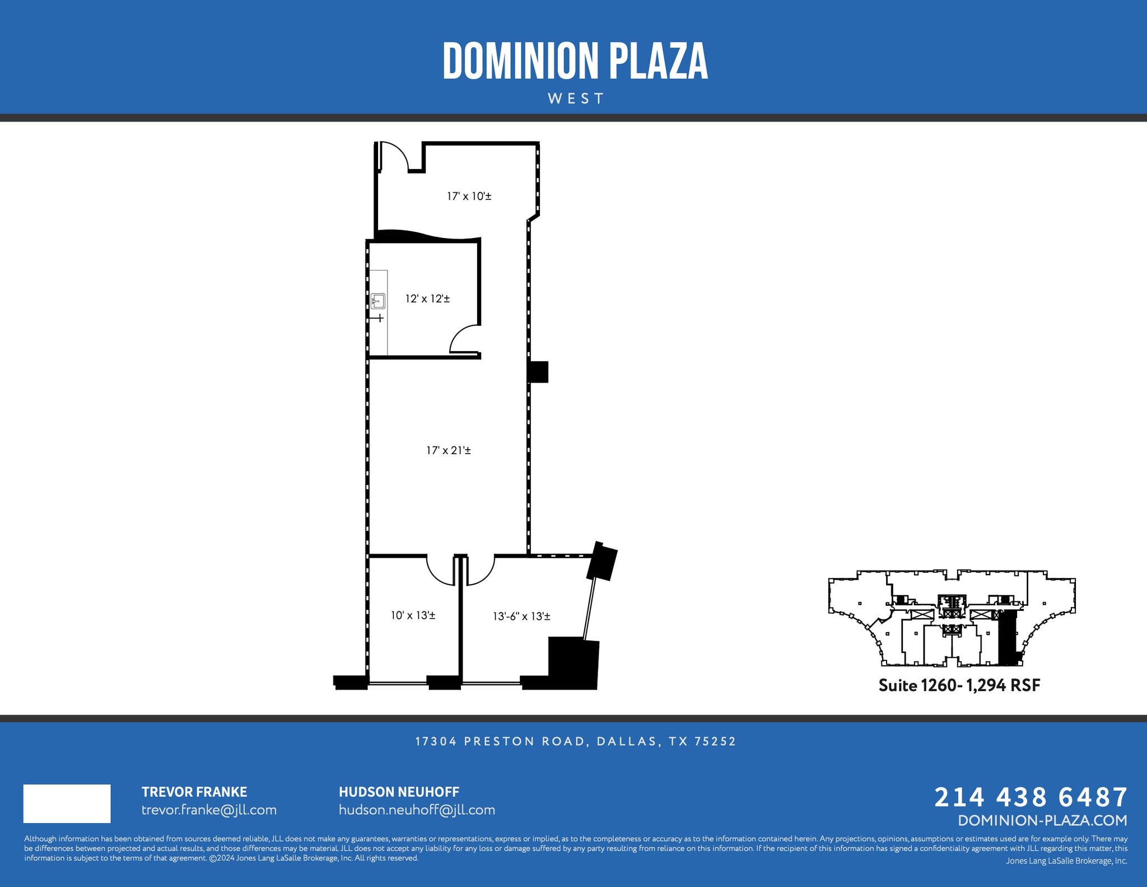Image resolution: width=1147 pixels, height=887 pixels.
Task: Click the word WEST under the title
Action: point(576,99)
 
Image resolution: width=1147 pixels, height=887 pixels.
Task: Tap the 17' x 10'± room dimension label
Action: point(469,197)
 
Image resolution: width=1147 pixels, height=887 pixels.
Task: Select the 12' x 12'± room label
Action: point(427,299)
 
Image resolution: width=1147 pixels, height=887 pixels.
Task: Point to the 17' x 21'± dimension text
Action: point(448,450)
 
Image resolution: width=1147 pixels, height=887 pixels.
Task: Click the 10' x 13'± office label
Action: point(413,615)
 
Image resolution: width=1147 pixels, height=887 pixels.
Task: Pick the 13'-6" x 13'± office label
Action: point(521,617)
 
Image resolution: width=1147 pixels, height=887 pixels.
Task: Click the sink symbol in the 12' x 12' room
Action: point(378,301)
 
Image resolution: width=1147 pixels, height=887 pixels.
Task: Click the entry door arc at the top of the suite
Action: point(394,155)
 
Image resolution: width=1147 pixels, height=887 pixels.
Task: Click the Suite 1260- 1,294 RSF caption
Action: point(959,685)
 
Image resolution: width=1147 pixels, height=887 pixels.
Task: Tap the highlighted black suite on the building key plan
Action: point(1008,638)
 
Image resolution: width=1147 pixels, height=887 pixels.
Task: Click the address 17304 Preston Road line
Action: point(575,741)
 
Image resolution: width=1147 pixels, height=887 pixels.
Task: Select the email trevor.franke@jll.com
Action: point(209,810)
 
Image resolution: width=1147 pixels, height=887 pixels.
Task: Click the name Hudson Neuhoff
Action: point(399,792)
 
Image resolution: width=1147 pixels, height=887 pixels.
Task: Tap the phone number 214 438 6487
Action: point(1031,797)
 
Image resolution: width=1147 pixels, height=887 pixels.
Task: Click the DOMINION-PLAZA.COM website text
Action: point(1042,820)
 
